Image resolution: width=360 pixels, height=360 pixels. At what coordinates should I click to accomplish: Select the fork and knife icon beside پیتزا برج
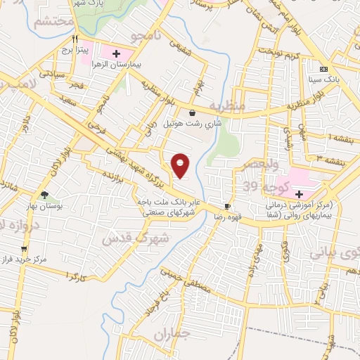tap(82, 40)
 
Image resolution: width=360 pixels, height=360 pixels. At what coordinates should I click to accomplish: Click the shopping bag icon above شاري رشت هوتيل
tap(192, 112)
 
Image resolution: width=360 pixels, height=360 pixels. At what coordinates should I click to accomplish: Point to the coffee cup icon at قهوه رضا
tap(227, 206)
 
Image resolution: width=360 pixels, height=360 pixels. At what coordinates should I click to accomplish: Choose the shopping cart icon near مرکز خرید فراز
tap(24, 248)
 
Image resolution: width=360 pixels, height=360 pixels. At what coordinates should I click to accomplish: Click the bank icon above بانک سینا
tap(324, 69)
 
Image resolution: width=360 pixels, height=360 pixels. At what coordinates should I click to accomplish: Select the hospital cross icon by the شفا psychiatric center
tap(298, 193)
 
